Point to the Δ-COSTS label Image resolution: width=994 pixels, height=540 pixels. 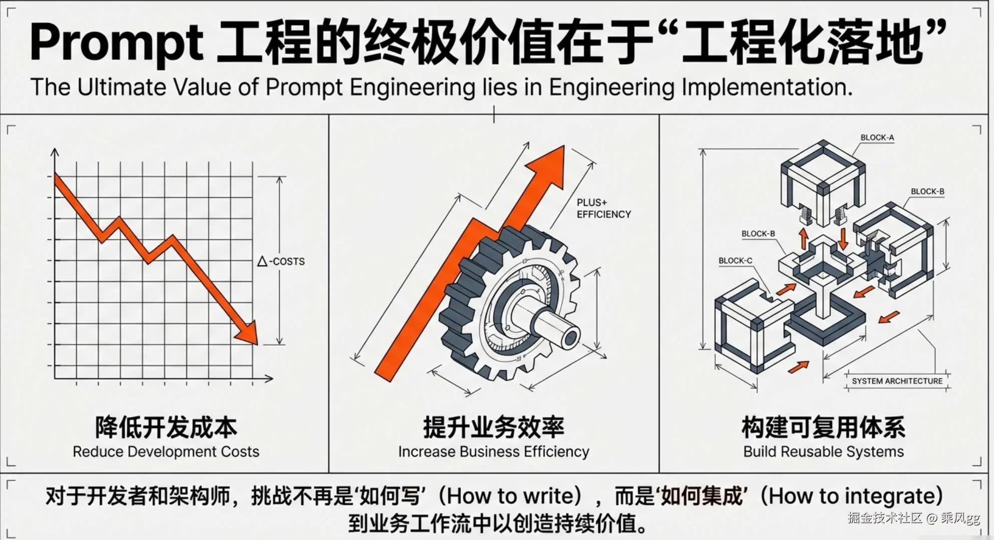click(281, 261)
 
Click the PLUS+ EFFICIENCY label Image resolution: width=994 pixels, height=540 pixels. click(603, 208)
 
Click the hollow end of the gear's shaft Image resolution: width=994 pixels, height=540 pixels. click(570, 339)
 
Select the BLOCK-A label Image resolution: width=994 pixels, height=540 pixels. click(877, 138)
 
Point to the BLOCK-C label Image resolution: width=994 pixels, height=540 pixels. click(735, 261)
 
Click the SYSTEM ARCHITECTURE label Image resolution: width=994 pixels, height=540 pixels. click(897, 381)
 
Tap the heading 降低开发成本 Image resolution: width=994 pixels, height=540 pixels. click(166, 427)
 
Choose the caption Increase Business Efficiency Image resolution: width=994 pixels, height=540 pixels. click(493, 452)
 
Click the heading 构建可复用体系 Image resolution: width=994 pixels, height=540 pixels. click(823, 427)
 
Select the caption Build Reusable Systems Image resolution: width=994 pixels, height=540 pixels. click(823, 452)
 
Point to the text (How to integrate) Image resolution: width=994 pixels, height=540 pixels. click(851, 496)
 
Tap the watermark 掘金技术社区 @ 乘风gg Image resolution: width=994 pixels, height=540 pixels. click(913, 518)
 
